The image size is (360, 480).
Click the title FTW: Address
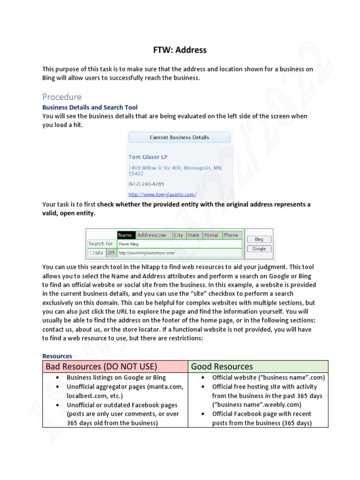tap(180, 49)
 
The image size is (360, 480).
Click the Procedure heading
tap(62, 97)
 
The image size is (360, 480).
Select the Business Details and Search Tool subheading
tap(90, 107)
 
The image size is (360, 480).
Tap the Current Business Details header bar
tap(179, 137)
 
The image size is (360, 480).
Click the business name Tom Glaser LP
tap(148, 157)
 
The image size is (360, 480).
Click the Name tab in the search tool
tap(126, 235)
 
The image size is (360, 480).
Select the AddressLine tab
tap(153, 235)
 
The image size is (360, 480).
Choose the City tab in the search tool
tap(179, 235)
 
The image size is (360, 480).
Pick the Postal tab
tap(211, 235)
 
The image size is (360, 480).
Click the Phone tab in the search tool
tap(231, 235)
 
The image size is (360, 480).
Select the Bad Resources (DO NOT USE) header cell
tap(115, 367)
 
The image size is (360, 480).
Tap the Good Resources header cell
tap(258, 367)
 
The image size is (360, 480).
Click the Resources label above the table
tap(57, 356)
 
